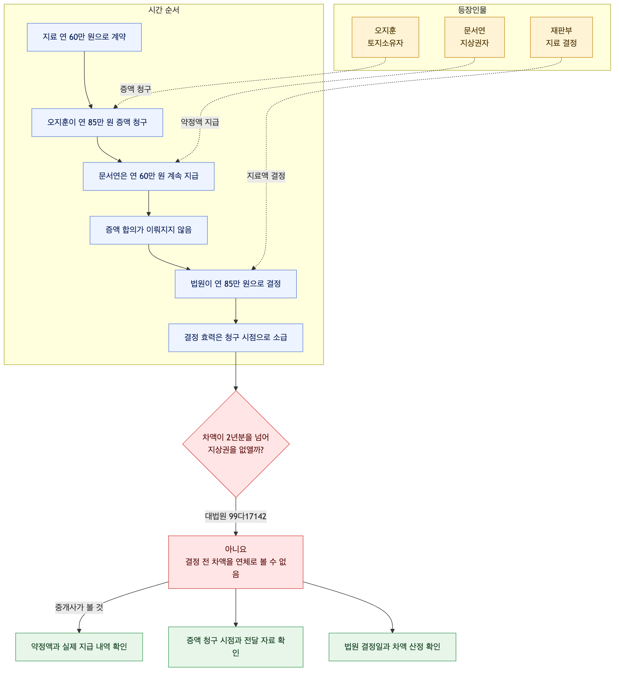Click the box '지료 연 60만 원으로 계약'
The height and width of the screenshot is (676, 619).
[84, 37]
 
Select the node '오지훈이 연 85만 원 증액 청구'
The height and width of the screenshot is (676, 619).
[97, 122]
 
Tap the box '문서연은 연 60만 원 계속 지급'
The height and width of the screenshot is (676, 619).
[148, 176]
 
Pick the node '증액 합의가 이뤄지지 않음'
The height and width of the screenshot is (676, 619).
[148, 230]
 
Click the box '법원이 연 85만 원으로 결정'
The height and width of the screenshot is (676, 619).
[236, 284]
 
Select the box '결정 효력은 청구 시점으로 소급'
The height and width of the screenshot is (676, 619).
[236, 338]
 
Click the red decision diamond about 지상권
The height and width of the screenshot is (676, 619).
[236, 444]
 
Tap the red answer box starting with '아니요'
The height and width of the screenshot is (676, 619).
[236, 562]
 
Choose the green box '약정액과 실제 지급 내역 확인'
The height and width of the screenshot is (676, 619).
[79, 647]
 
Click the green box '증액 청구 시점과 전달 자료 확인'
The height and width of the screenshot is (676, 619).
[236, 647]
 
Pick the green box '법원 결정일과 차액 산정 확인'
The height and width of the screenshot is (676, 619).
[393, 647]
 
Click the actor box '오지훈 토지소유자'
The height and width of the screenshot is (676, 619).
[386, 37]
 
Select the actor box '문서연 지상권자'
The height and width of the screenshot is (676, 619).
[475, 37]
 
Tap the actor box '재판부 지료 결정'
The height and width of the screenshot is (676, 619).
[562, 37]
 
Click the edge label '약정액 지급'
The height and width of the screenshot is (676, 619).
[200, 122]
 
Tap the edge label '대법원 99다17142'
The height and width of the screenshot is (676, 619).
[236, 516]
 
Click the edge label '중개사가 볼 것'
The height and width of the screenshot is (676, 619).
[79, 607]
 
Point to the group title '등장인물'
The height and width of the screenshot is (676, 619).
[472, 10]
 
